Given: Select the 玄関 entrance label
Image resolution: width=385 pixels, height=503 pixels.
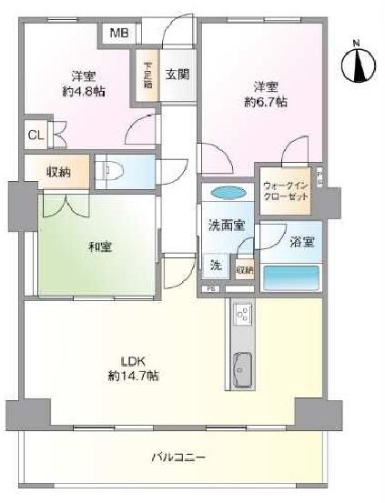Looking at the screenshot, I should point(177,75).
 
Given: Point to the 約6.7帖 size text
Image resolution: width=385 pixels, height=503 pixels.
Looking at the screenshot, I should point(265,103).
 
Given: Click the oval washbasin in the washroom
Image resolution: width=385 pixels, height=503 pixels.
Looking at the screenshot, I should point(228,193).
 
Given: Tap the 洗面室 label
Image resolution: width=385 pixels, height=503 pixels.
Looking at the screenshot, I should point(226,226).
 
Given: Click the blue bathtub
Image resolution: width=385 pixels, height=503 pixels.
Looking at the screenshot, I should point(290,277).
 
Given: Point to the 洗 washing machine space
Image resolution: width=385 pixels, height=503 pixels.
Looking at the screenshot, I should point(216,266).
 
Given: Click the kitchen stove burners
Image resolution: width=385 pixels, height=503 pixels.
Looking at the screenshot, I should point(244,315).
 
